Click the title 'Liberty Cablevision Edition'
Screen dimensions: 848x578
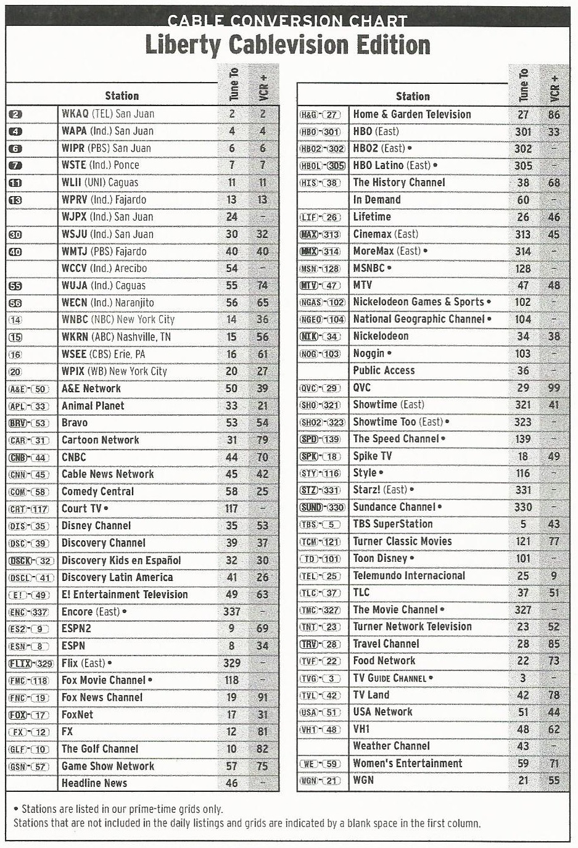[x=287, y=46]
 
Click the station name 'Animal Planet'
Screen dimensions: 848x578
[x=93, y=406]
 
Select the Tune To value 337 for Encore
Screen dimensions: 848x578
[x=231, y=612]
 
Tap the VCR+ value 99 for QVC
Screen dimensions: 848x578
[x=554, y=388]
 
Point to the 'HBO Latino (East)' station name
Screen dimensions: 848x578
[x=392, y=165]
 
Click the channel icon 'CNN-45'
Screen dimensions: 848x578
[x=29, y=475]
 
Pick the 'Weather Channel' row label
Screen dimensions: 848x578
[x=391, y=746]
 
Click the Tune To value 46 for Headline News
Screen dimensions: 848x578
[x=231, y=783]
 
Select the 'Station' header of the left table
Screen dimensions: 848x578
[x=122, y=96]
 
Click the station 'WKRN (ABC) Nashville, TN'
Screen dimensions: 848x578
[x=116, y=337]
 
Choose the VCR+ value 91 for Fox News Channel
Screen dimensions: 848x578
[x=263, y=698]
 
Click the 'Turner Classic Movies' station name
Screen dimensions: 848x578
[x=402, y=541]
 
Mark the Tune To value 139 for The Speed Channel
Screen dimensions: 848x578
[x=522, y=439]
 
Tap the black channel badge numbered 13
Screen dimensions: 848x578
[x=16, y=200]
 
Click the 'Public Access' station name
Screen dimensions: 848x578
[x=384, y=371]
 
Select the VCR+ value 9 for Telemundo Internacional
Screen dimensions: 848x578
[x=554, y=575]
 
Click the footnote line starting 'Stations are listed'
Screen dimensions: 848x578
[x=122, y=809]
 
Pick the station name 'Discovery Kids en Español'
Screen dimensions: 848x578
[x=121, y=560]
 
